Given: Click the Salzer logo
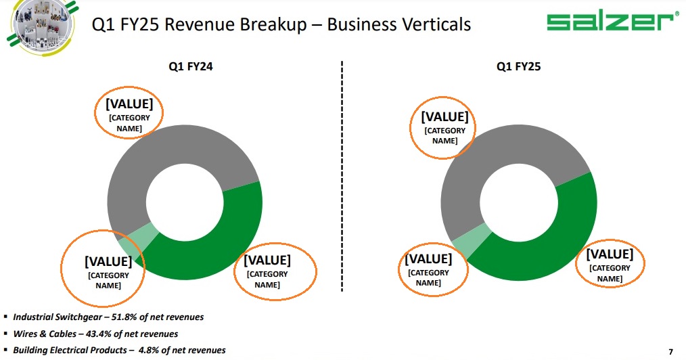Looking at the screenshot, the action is pyautogui.click(x=611, y=22).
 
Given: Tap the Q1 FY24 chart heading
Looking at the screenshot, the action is pyautogui.click(x=191, y=66).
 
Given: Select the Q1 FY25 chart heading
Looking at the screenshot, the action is pyautogui.click(x=518, y=66).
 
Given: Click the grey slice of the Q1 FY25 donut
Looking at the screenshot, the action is pyautogui.click(x=477, y=166).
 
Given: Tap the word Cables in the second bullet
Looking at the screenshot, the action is pyautogui.click(x=62, y=334).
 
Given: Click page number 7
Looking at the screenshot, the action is pyautogui.click(x=670, y=352).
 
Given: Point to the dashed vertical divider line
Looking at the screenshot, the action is pyautogui.click(x=342, y=177).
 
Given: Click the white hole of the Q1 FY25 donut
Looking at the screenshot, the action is pyautogui.click(x=519, y=202).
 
